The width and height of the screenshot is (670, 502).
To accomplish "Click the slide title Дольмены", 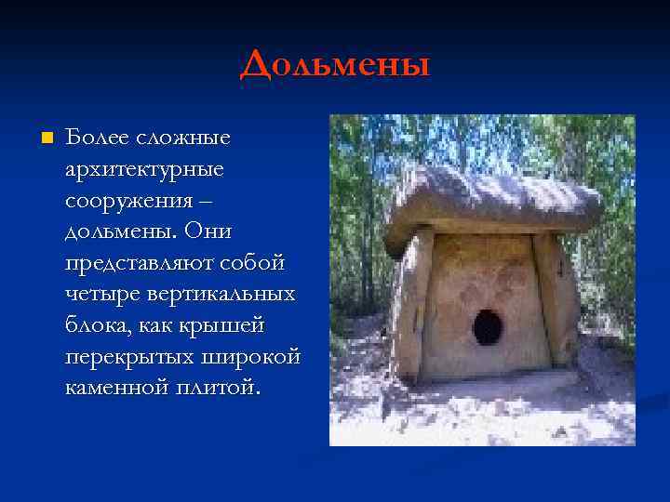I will coord(335,65).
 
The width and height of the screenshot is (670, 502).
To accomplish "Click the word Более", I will coord(93,138).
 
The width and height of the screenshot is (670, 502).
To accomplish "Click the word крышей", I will coord(224,324).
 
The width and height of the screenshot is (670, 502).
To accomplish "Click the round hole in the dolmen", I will coord(487,327).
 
